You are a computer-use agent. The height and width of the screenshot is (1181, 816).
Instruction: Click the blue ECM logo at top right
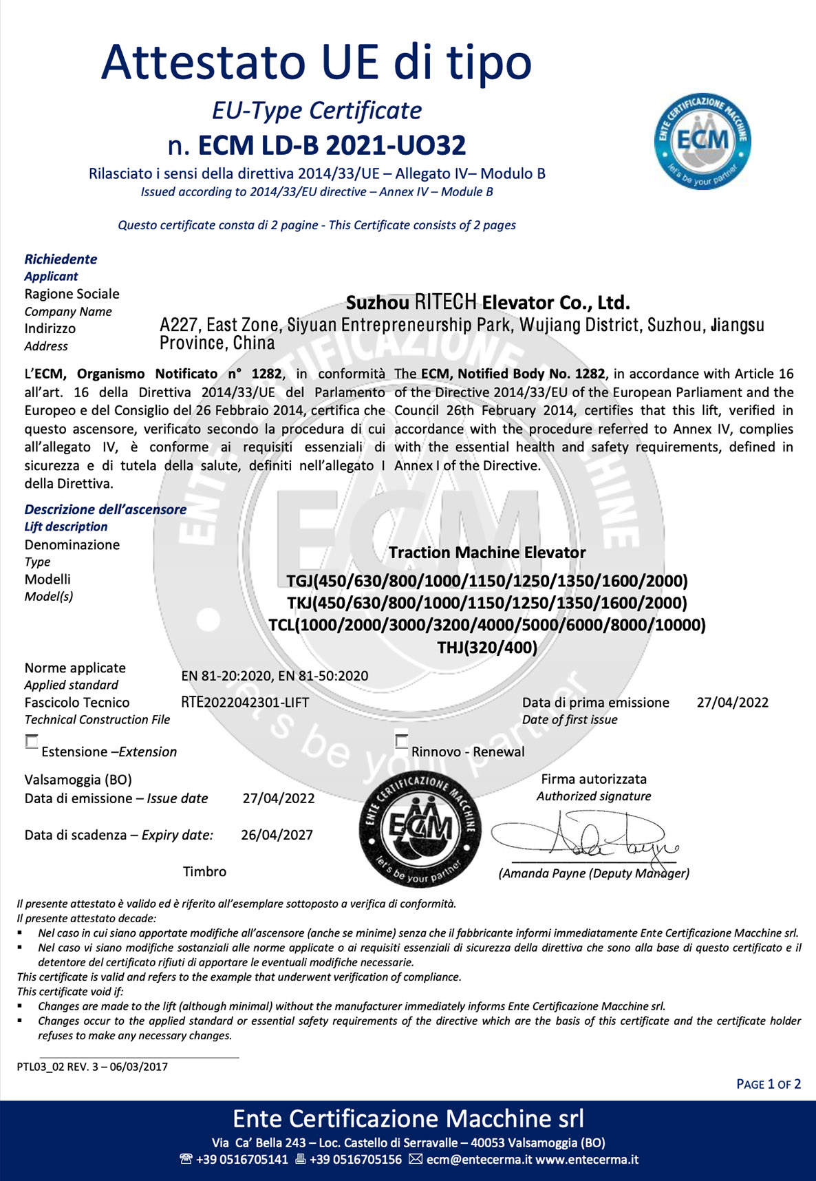[702, 141]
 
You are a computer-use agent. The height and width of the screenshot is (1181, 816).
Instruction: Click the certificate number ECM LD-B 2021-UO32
[317, 145]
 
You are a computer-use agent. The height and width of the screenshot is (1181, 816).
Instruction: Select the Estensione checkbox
[32, 742]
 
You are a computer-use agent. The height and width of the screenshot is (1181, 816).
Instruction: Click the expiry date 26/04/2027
[277, 835]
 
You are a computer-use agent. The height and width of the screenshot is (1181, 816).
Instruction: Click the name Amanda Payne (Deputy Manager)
[593, 873]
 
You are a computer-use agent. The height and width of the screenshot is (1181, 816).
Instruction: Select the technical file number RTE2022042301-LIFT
[245, 703]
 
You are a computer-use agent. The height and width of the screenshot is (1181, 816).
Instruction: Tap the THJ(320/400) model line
[487, 647]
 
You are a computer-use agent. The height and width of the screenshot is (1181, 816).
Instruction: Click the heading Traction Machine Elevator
[487, 553]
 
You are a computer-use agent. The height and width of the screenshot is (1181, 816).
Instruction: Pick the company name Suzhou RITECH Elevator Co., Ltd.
[487, 303]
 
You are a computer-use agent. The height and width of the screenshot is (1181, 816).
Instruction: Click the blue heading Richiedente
[61, 259]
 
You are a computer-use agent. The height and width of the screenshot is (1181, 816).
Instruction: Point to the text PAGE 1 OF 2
[768, 1084]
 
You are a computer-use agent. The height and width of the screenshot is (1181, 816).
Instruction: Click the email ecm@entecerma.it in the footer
[471, 1160]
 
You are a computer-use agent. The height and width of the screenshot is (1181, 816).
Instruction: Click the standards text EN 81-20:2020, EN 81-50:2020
[275, 676]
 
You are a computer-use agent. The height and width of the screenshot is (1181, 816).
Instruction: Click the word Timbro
[204, 871]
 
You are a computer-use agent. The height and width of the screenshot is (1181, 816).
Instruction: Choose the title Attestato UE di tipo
[316, 62]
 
